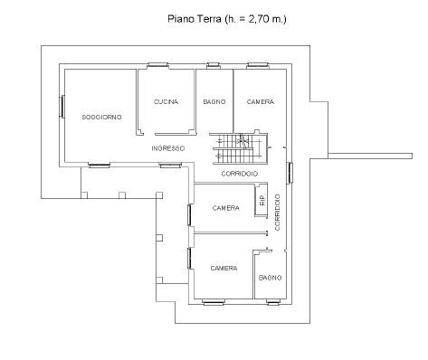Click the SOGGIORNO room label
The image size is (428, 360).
(x=102, y=117)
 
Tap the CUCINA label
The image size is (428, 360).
(x=166, y=102)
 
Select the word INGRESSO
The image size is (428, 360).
(x=168, y=148)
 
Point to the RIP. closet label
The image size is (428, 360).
(x=262, y=200)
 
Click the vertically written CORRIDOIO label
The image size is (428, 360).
(x=278, y=213)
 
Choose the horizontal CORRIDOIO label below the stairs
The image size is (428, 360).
(x=240, y=174)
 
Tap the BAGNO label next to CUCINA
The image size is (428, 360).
(x=214, y=102)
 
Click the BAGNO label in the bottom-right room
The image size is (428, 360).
(x=271, y=278)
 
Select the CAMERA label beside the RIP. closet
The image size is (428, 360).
(x=226, y=208)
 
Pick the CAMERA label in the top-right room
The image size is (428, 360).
(x=261, y=102)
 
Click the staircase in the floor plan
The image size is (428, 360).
(x=240, y=149)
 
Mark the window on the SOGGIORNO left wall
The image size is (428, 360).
(x=62, y=106)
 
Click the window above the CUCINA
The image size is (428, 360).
(x=157, y=64)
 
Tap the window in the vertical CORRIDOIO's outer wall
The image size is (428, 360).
(x=290, y=173)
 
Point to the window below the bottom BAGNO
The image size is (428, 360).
(x=273, y=302)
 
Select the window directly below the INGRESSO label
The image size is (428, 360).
(x=170, y=165)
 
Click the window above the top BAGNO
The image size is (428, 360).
(x=213, y=64)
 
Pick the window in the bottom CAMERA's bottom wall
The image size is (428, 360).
(x=214, y=302)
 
